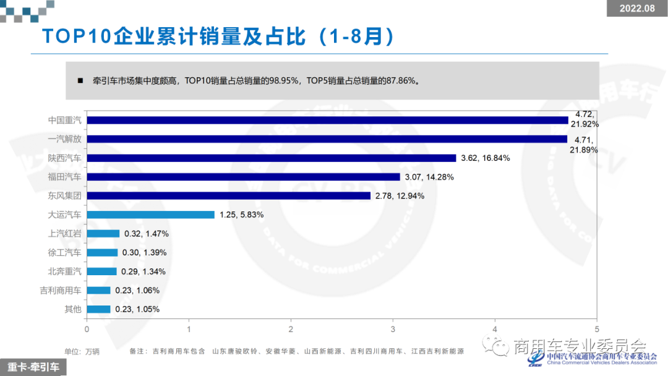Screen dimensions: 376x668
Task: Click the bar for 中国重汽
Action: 327,120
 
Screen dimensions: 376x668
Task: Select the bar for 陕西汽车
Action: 272,158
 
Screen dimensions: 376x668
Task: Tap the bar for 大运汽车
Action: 150,215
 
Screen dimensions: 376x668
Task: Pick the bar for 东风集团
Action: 229,195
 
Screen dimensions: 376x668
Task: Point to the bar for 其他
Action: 98,309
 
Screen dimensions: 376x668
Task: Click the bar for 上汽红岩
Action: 103,233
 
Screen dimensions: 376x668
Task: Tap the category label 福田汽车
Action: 65,177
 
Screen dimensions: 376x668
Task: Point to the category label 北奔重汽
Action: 65,271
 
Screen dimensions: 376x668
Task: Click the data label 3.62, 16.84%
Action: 486,158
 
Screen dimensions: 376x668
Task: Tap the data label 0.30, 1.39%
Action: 145,252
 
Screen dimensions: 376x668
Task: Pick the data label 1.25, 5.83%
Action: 242,215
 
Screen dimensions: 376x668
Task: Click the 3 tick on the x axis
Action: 393,330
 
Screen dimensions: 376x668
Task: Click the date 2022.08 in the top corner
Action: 637,8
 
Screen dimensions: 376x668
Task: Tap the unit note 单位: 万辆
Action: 82,351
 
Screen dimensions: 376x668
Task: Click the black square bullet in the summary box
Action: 80,80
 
